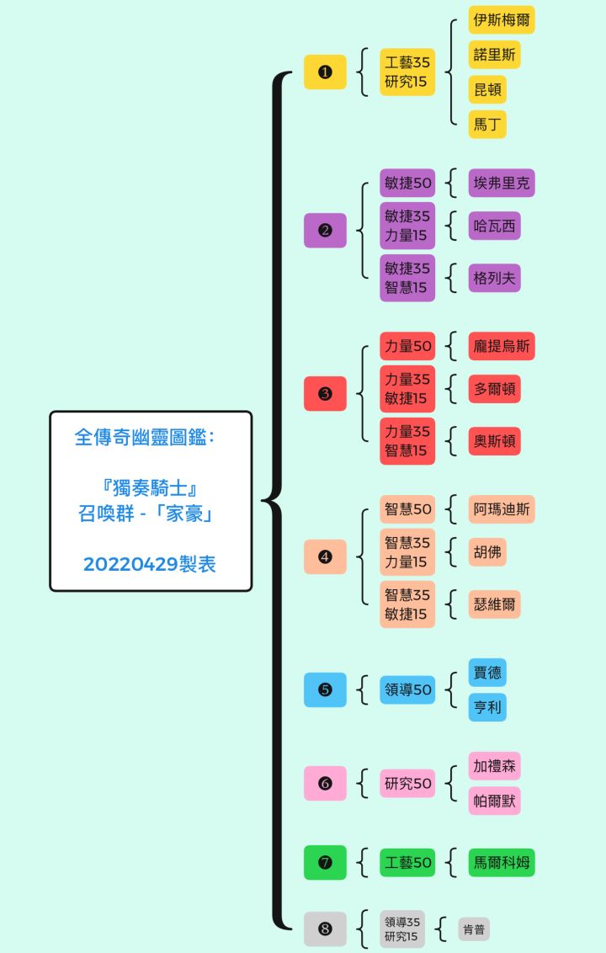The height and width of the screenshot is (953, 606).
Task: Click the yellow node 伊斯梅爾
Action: [502, 20]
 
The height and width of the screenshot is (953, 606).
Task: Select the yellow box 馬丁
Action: [487, 125]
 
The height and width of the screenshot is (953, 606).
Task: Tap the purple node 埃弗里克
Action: [502, 183]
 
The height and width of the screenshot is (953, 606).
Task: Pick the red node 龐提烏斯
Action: [502, 346]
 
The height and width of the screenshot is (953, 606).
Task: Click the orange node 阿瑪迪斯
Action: [502, 509]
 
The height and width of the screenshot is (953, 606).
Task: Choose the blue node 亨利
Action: [487, 707]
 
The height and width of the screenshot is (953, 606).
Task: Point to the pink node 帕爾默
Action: [494, 801]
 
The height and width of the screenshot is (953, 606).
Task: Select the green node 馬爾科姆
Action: [502, 862]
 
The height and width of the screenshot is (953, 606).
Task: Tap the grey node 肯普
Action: [474, 929]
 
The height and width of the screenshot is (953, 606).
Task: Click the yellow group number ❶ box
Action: [325, 72]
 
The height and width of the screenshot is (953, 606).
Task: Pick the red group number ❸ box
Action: [325, 393]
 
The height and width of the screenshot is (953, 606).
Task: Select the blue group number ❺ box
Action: [325, 689]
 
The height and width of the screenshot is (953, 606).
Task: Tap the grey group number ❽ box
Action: [325, 929]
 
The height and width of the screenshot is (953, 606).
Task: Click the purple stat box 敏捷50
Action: [407, 183]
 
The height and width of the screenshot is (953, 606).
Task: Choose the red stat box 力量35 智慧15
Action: [407, 440]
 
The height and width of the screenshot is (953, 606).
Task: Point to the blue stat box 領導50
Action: [407, 689]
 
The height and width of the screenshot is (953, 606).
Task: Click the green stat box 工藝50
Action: [407, 862]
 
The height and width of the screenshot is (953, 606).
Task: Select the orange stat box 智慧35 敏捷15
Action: [407, 604]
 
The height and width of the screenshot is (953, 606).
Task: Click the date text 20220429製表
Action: [150, 564]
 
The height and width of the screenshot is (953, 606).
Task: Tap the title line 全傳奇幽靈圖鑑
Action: [144, 438]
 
